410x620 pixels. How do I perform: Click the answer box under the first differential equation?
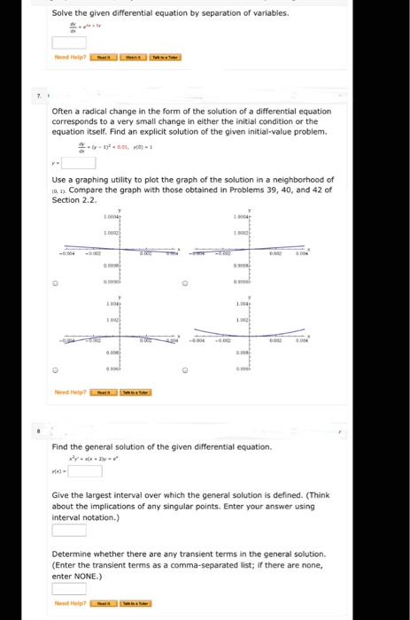point(68,43)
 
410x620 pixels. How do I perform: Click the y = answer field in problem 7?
point(78,162)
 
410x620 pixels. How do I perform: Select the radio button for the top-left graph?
point(55,284)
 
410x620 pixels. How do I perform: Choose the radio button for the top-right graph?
point(184,284)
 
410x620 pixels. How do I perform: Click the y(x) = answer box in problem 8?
point(86,471)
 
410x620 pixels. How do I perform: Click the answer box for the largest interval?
point(68,530)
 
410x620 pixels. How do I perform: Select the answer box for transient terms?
point(68,588)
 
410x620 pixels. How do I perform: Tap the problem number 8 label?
point(38,430)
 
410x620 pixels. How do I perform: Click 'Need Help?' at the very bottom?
point(69,604)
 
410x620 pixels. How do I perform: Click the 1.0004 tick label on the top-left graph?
point(112,218)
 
